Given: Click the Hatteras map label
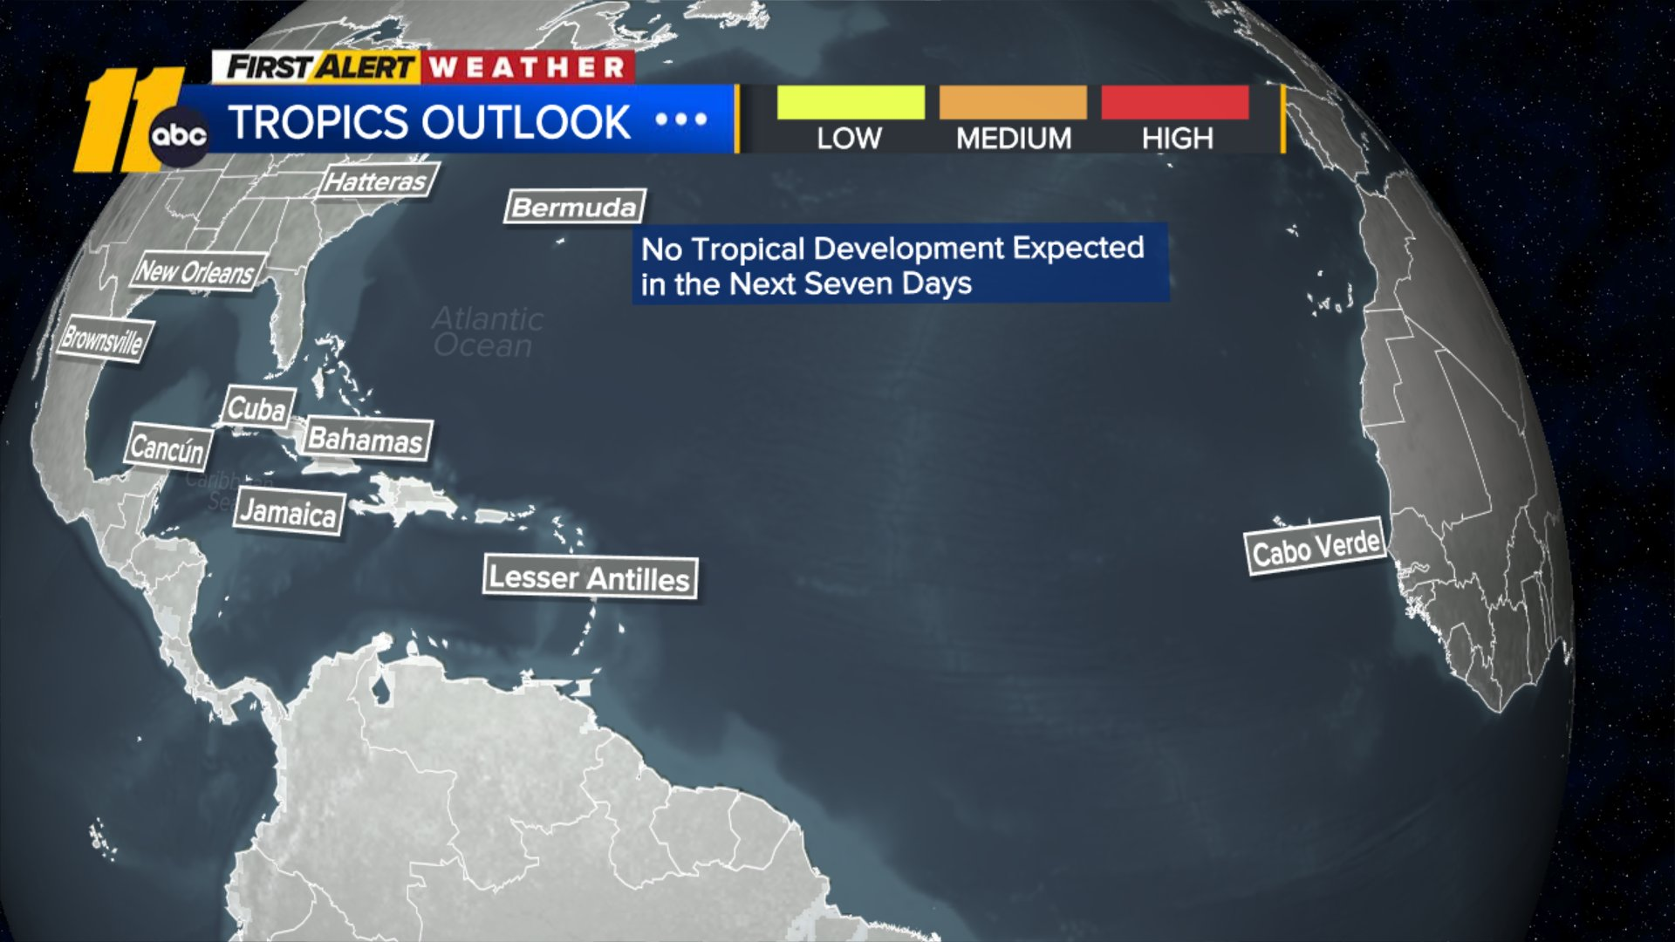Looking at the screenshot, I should click(376, 181).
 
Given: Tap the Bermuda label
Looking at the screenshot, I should click(575, 207).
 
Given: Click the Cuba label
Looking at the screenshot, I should click(257, 408).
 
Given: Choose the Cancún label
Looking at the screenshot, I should click(169, 448).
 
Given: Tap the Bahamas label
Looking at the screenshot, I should click(366, 439).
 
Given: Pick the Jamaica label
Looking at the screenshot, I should click(289, 512).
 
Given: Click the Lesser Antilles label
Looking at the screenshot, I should click(590, 577).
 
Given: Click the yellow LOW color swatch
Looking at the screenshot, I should click(851, 102).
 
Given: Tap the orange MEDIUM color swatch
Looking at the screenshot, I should click(1013, 102).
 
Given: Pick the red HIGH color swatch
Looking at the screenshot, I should click(1175, 102).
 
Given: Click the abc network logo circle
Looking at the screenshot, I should click(179, 136).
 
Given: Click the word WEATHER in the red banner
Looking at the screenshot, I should click(528, 67).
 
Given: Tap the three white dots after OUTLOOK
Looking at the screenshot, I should click(681, 119).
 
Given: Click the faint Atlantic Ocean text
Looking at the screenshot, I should click(487, 332).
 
